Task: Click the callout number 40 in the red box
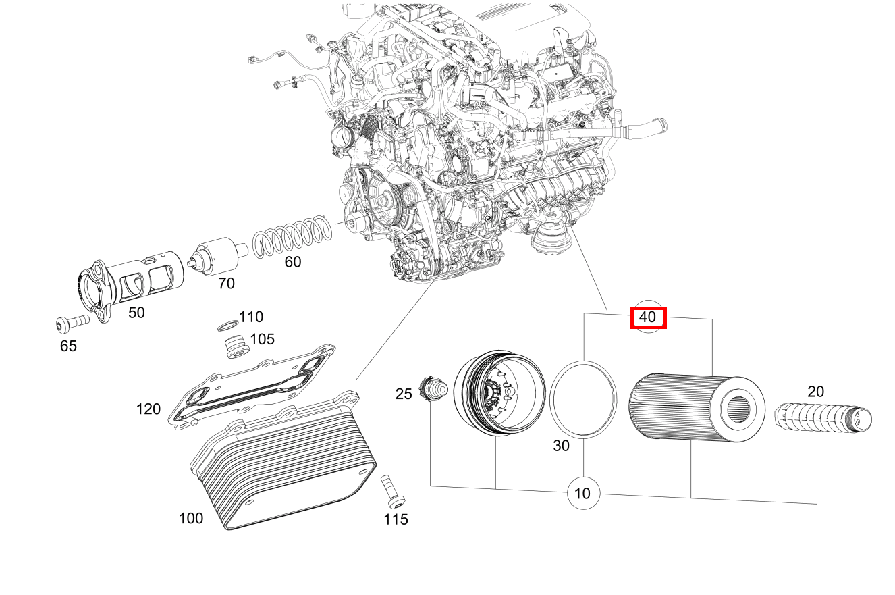[x=648, y=317]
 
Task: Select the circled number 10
[x=582, y=493]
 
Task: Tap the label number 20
[x=815, y=392]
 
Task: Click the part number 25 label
[x=404, y=393]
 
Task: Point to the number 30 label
[x=561, y=446]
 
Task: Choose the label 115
[x=396, y=519]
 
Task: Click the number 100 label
[x=191, y=519]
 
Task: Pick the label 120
[x=148, y=409]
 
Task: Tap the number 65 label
[x=68, y=346]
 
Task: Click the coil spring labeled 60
[x=294, y=236]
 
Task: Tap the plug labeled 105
[x=235, y=346]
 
